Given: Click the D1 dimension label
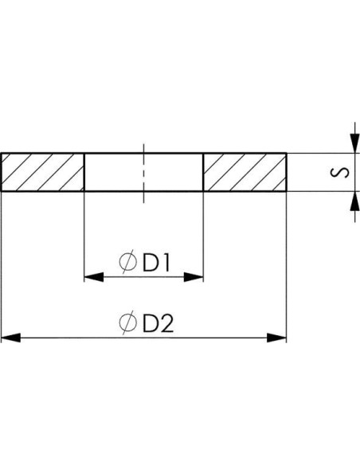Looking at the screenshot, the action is tap(156, 263).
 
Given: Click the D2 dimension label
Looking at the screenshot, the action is tap(158, 323).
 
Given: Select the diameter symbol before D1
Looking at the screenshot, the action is tap(128, 263).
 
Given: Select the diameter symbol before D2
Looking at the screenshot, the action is tap(128, 323).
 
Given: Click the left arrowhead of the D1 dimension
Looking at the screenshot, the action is tap(94, 277).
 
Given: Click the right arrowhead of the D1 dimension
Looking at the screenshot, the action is tap(194, 277).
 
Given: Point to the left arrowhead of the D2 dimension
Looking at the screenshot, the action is tap(11, 338).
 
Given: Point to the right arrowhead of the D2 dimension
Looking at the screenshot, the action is tap(276, 338).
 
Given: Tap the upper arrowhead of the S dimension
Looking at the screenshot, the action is tap(355, 143).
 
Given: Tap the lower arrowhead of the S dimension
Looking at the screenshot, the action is tap(355, 201).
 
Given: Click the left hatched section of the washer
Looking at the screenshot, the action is tap(43, 172).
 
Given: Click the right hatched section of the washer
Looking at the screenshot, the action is tap(245, 172).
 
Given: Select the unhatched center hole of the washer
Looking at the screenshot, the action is tap(144, 172).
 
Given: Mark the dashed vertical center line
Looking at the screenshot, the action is tap(144, 174).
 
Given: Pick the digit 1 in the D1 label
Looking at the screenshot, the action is tap(166, 263).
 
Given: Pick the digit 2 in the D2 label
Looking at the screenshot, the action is tap(166, 323).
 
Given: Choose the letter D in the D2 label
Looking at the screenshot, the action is tap(150, 323).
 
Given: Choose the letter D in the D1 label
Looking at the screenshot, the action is tap(150, 263).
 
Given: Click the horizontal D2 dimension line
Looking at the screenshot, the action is tap(144, 338).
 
